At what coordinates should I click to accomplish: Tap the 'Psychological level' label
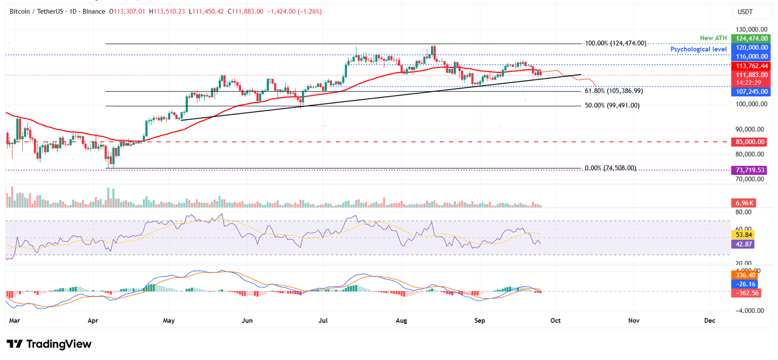click(698, 49)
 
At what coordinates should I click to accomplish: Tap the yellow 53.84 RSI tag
click(742, 235)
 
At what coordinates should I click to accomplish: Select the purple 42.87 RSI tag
click(742, 244)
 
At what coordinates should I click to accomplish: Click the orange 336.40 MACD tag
click(746, 275)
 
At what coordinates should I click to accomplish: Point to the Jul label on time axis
click(324, 321)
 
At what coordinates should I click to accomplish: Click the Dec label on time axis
click(710, 321)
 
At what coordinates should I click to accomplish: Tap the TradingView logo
click(49, 344)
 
